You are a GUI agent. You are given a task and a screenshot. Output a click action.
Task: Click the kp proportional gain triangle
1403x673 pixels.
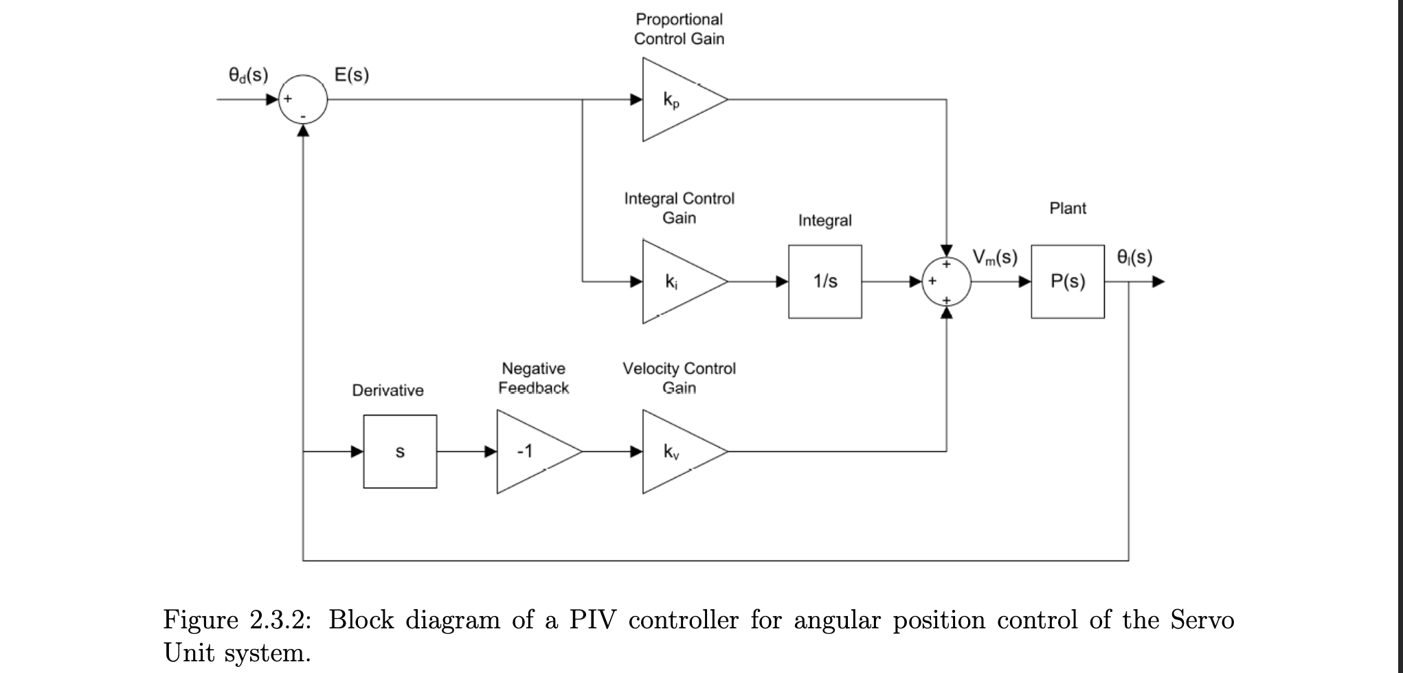pos(677,100)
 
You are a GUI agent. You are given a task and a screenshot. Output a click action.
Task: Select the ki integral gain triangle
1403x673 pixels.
pos(677,282)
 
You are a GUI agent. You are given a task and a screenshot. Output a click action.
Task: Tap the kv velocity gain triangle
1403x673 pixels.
pos(677,452)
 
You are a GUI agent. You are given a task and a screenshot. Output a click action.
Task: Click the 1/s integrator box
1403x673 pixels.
pos(825,282)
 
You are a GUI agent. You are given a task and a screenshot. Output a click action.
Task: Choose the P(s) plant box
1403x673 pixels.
pos(1068,282)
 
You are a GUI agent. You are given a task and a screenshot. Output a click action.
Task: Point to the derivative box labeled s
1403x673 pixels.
pos(400,452)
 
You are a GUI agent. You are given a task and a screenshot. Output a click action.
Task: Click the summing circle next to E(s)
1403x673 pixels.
pos(303,100)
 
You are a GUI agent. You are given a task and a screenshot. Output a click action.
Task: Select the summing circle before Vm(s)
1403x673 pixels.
pos(946,282)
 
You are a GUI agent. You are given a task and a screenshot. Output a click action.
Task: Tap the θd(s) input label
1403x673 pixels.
pos(248,74)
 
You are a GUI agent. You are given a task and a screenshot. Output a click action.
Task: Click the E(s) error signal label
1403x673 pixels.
pos(351,74)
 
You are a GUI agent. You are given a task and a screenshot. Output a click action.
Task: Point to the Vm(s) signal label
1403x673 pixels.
pos(995,257)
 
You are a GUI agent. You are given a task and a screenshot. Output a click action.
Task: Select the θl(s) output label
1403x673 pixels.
pos(1134,257)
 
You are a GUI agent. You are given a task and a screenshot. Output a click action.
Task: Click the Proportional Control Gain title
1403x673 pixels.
pos(679,29)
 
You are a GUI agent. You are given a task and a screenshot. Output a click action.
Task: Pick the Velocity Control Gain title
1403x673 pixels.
pos(679,378)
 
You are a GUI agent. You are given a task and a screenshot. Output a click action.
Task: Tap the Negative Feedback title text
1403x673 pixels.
pos(533,378)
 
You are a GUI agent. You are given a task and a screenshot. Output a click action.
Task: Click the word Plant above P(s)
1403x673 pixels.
pos(1068,208)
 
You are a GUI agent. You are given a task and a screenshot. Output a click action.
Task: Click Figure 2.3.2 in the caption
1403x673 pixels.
pos(237,620)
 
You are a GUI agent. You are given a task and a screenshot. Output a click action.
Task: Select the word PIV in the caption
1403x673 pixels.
pos(591,620)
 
